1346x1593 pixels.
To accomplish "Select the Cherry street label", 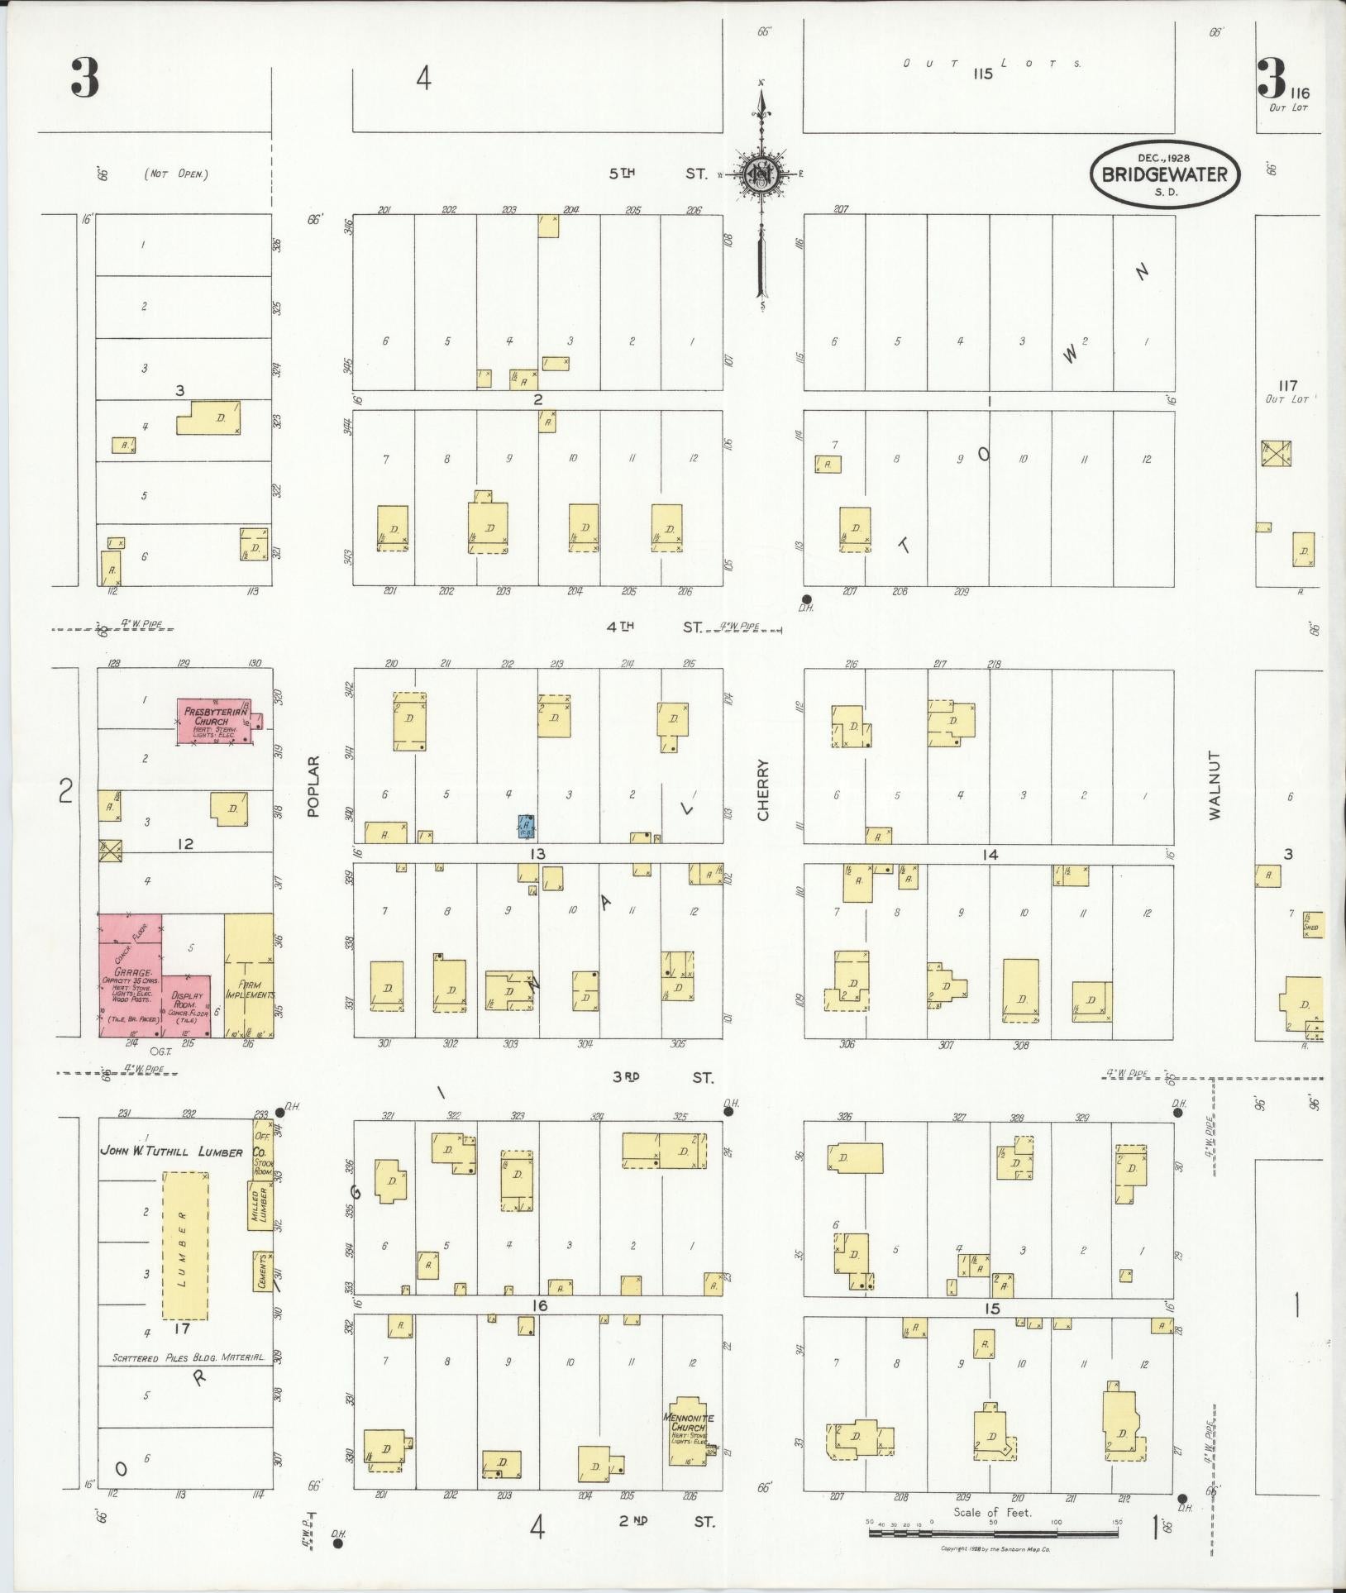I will click(x=762, y=789).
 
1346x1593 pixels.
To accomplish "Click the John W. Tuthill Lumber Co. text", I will click(x=183, y=1151).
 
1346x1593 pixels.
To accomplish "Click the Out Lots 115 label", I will click(x=992, y=68).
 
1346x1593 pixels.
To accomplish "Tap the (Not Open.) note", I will click(x=175, y=174).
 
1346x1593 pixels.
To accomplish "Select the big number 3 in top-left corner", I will click(x=84, y=79).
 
